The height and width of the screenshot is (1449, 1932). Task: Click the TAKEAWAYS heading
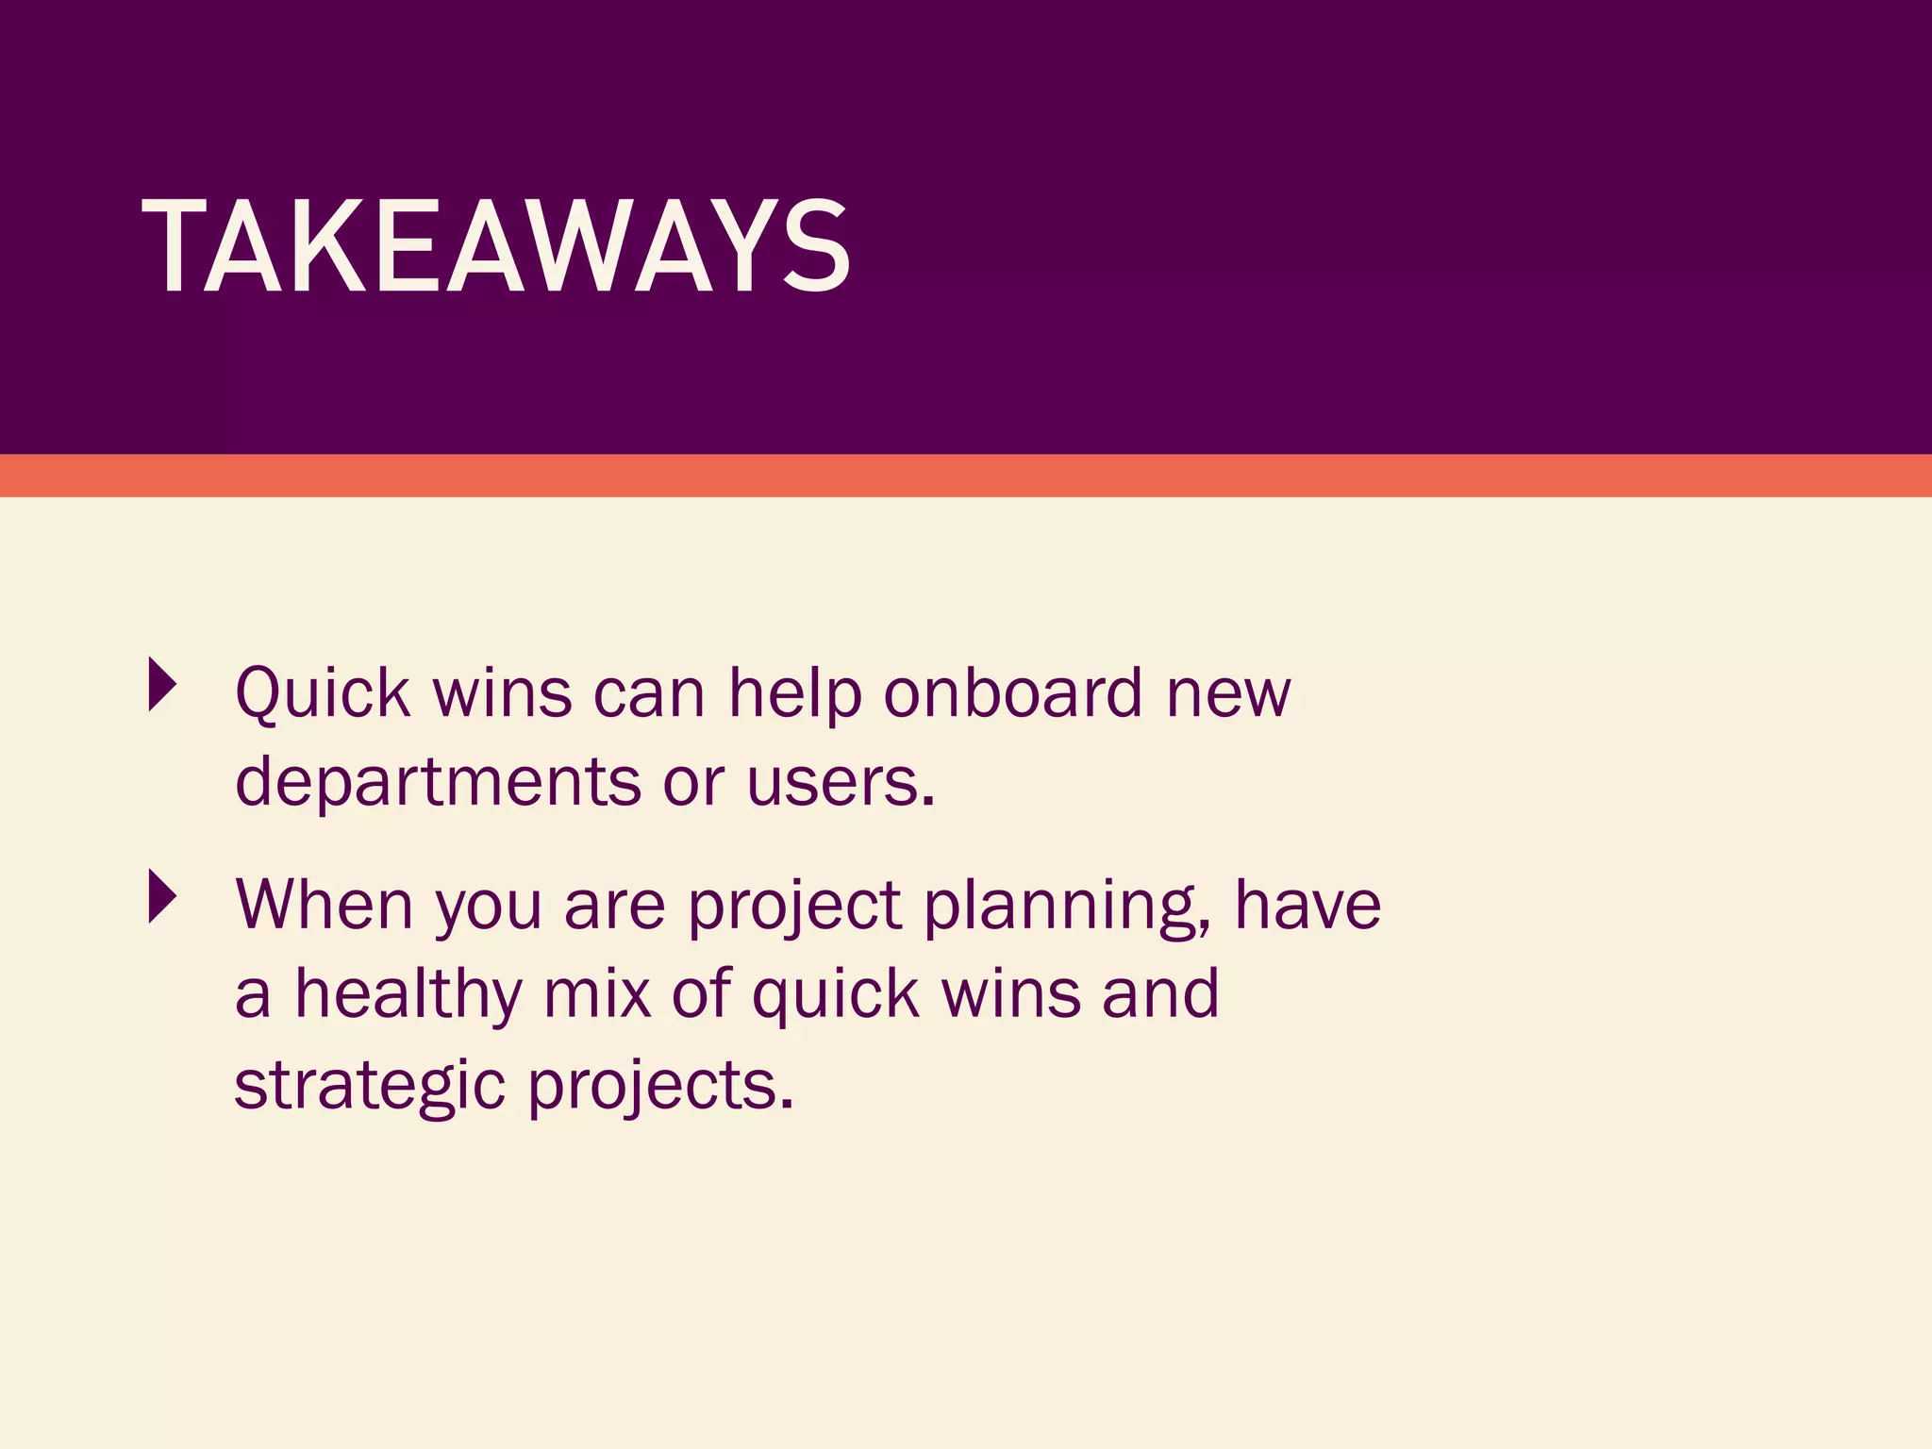point(496,247)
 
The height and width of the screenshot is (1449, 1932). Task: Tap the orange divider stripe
point(966,475)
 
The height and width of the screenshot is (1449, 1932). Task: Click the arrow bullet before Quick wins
point(162,684)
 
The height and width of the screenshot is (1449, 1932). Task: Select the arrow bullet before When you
point(162,896)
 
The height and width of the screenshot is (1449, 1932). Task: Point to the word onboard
point(1013,692)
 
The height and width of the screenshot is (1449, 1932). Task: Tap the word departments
point(438,783)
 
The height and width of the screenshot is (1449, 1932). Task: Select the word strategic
point(370,1087)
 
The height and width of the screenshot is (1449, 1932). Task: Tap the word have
point(1307,905)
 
